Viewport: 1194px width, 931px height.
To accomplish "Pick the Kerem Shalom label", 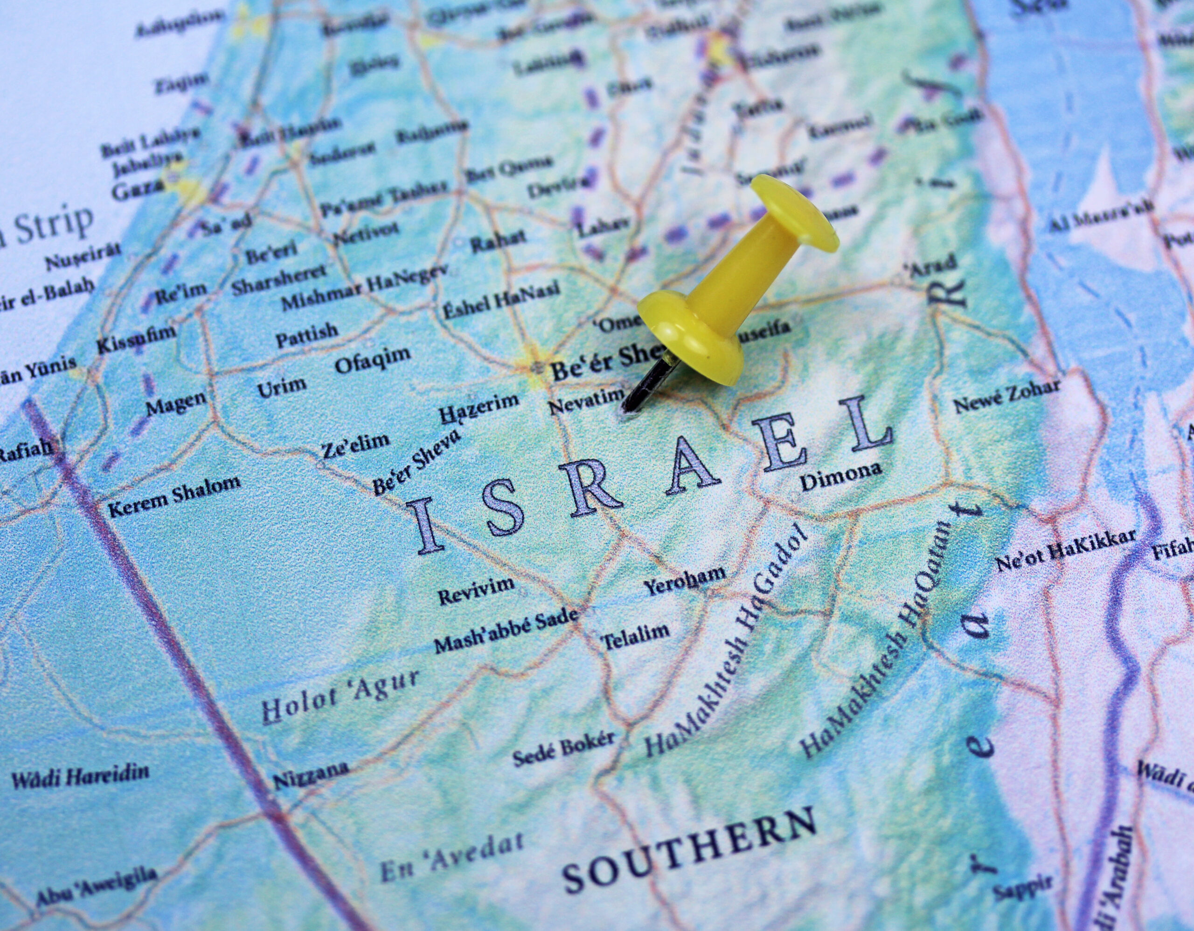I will coord(174,496).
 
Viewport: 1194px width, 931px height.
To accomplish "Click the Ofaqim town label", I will coord(372,359).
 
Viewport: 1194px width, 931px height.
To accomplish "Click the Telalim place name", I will coord(635,635).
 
